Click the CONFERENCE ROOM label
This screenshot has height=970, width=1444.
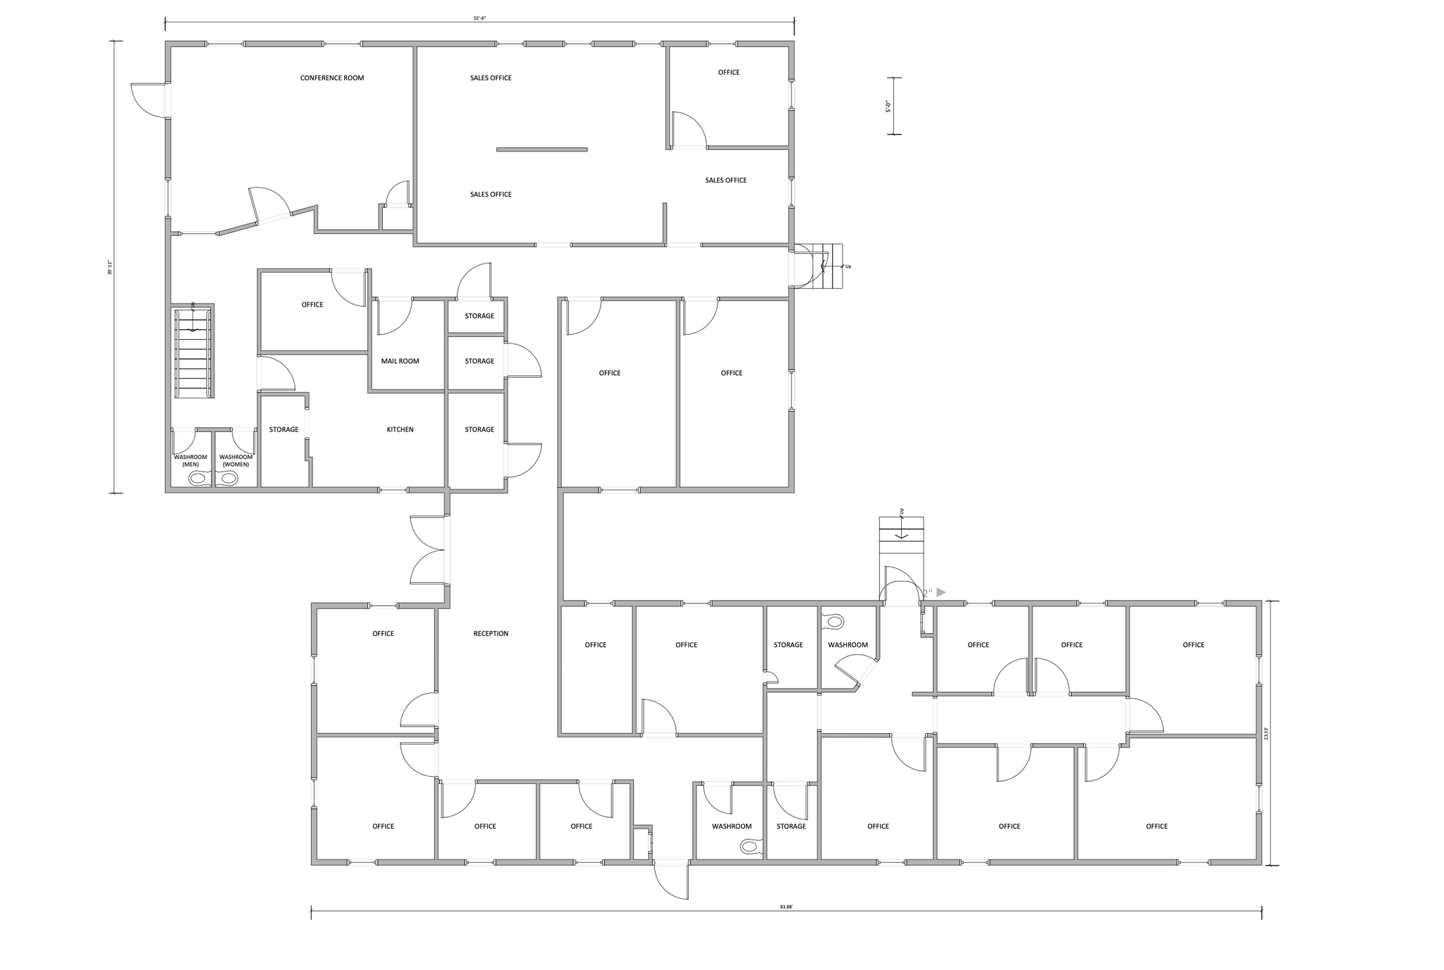332,78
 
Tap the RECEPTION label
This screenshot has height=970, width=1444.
491,634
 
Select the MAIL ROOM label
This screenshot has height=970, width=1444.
400,362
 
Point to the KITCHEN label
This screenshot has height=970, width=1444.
400,430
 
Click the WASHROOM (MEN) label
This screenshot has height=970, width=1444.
190,461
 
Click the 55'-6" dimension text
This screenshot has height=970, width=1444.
480,18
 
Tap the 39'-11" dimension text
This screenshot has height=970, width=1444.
111,268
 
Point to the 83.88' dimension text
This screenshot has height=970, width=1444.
786,907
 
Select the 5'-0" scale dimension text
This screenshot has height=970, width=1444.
888,106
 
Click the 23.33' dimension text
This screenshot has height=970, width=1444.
1266,734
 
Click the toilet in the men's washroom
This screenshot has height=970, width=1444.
198,479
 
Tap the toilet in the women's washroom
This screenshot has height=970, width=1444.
228,479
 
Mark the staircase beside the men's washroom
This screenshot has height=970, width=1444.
193,352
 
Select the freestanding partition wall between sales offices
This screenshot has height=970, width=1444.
541,149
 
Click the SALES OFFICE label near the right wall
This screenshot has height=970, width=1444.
726,180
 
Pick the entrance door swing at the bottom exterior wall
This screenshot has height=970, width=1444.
672,880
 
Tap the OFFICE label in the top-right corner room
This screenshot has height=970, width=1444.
728,73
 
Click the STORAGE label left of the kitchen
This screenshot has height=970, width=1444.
283,430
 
